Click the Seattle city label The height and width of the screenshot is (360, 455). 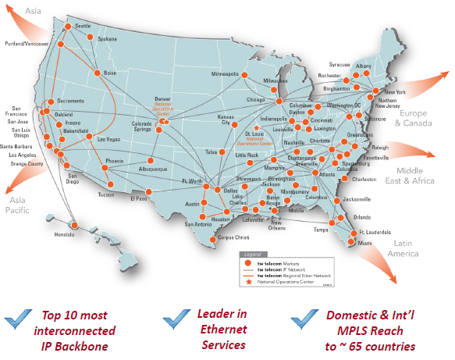[x=82, y=26]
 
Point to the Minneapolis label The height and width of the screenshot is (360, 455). [x=226, y=74]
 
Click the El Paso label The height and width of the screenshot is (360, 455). [x=139, y=198]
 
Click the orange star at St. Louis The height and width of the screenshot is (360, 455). [x=257, y=127]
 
